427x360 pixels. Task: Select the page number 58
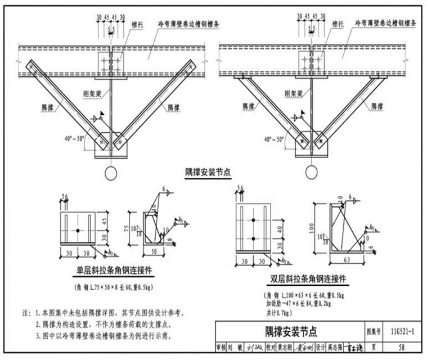tap(401, 348)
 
